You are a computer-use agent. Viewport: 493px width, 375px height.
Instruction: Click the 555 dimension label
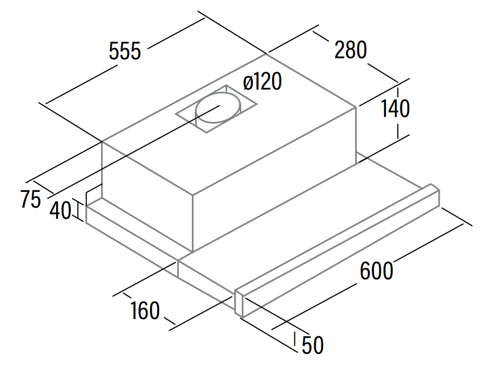pos(125,51)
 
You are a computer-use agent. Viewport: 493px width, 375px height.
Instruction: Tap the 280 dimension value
pos(351,50)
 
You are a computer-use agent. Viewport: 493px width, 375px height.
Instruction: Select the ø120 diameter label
pos(262,81)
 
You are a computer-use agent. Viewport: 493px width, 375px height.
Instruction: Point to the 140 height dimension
pos(395,109)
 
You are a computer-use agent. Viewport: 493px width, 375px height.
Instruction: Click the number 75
pos(30,199)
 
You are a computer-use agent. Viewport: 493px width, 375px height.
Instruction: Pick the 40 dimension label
pos(61,210)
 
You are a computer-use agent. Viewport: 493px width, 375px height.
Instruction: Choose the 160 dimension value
pos(145,311)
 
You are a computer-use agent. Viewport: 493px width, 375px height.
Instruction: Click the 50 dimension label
pos(313,345)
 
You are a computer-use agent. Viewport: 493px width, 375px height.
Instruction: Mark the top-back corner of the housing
pos(266,54)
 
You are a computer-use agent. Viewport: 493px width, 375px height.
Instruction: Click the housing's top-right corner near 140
pos(356,107)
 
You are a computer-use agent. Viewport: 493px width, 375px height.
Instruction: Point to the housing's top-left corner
pos(102,142)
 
